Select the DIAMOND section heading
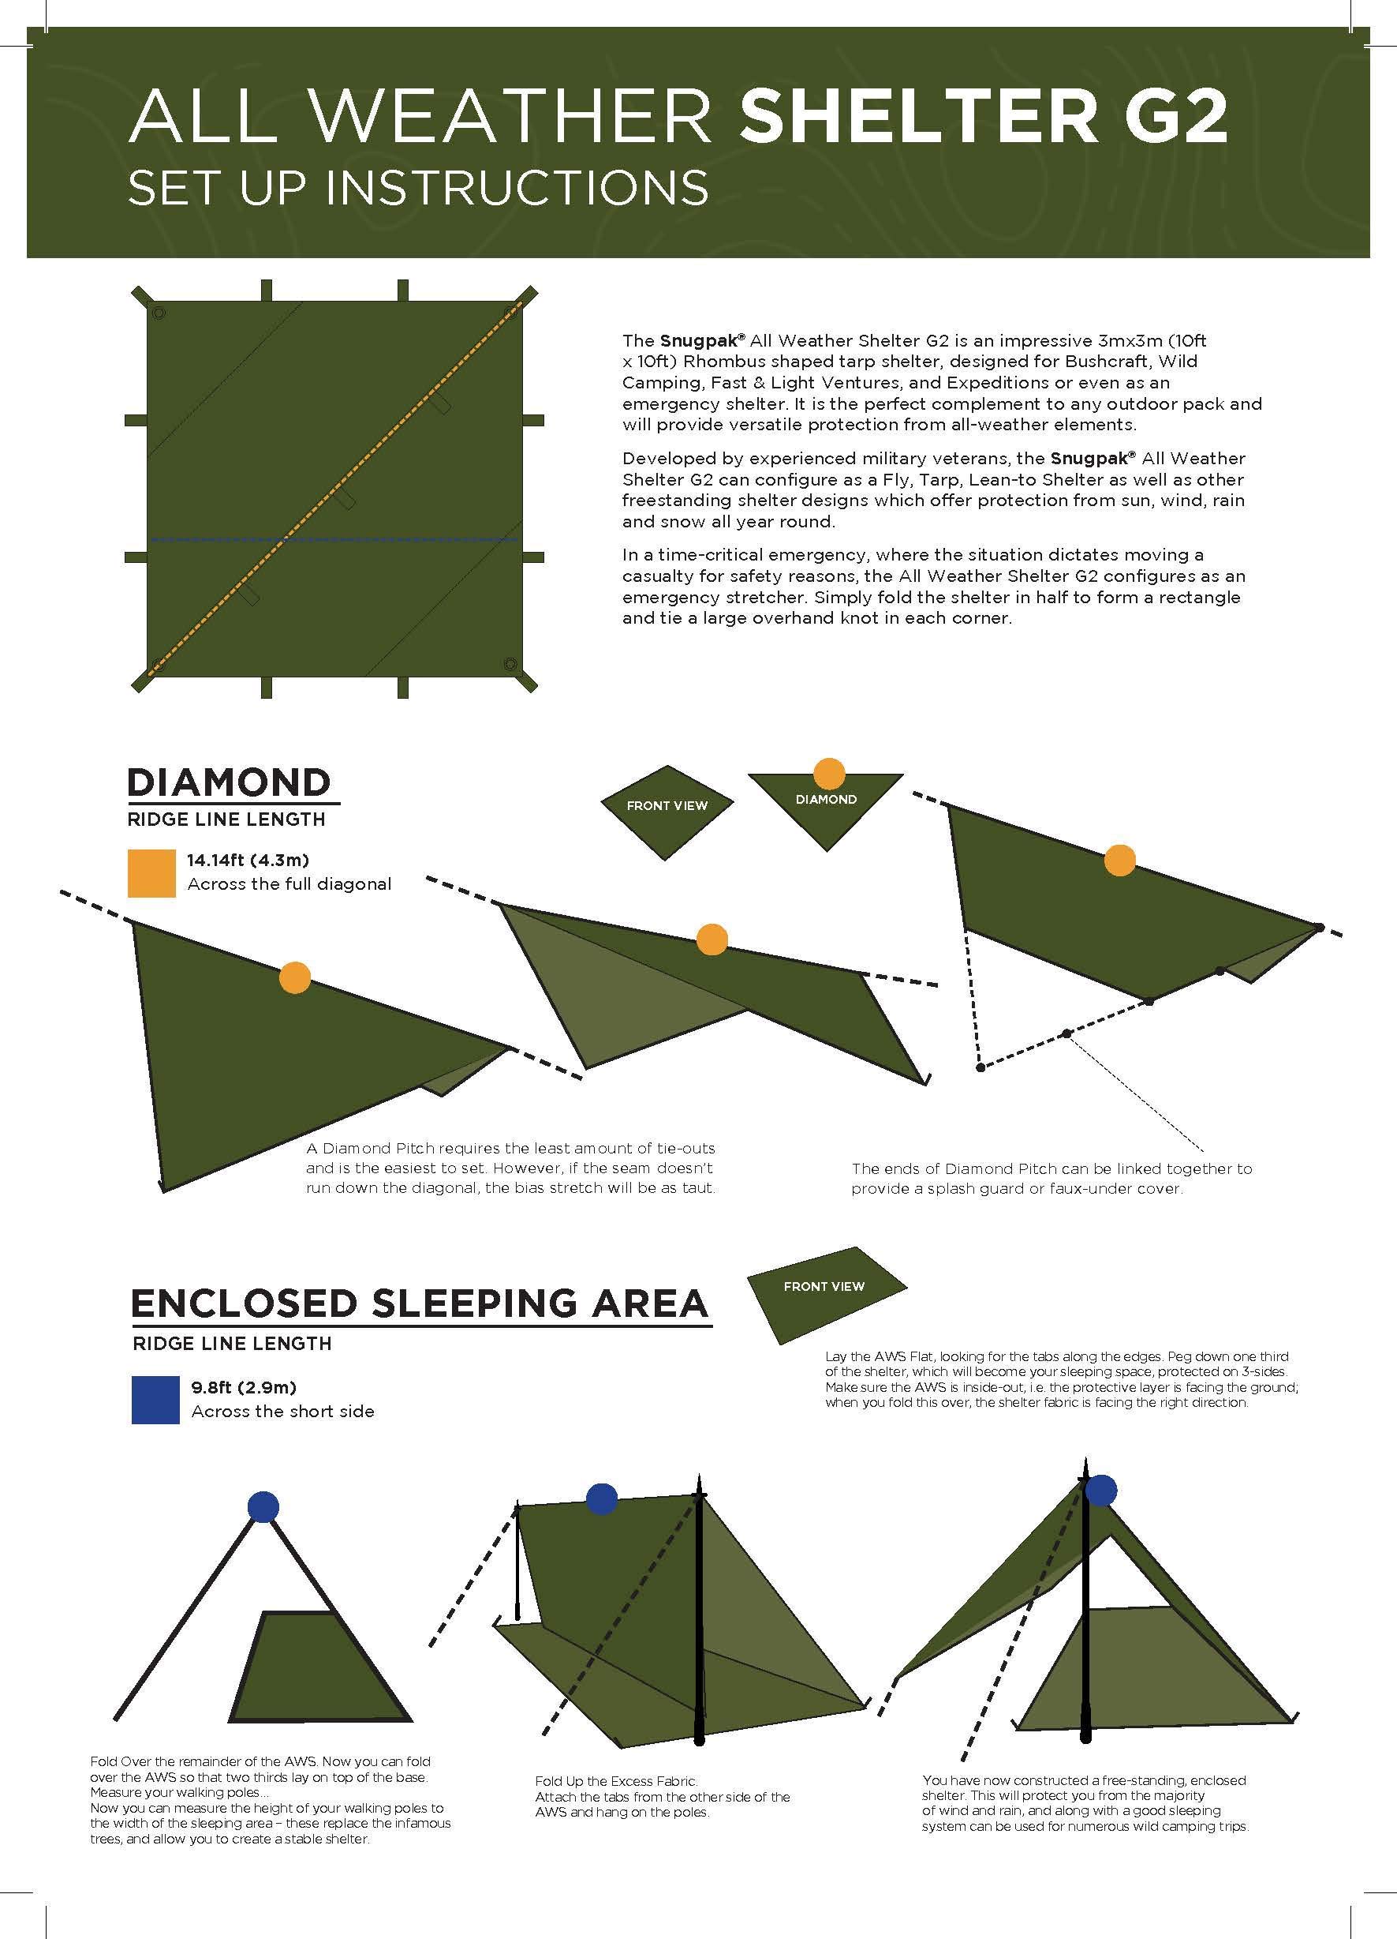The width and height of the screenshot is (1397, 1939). coord(228,782)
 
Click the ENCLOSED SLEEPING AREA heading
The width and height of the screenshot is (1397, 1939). coord(420,1303)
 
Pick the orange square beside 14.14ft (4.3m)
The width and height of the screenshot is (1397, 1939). coord(152,873)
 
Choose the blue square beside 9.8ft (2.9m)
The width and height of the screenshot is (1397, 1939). coord(155,1400)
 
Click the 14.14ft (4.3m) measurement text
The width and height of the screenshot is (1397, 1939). coord(248,859)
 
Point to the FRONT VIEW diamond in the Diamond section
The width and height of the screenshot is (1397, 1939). coord(667,805)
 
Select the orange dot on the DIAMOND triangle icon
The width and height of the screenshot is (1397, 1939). coord(827,773)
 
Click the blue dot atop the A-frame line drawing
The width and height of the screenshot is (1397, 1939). coord(263,1506)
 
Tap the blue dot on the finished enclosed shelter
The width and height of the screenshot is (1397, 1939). coord(1100,1490)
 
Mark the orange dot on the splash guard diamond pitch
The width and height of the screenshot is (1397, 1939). coord(1119,860)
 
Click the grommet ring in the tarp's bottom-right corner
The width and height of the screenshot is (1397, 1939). coord(510,663)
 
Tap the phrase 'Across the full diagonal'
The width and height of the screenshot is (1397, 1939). coord(289,884)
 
